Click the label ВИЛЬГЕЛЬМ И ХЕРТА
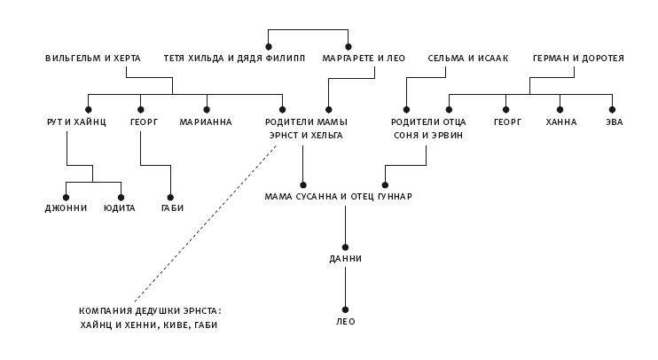click(x=93, y=59)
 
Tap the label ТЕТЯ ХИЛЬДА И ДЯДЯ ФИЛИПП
click(x=234, y=59)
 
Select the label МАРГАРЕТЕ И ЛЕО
click(x=364, y=59)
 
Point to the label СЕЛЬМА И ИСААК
click(x=468, y=59)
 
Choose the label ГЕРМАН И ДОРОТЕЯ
click(x=578, y=59)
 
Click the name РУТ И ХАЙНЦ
click(x=76, y=122)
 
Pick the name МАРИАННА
click(x=206, y=122)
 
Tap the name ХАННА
click(x=561, y=122)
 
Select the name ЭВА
click(x=613, y=122)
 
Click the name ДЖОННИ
click(x=66, y=208)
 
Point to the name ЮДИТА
click(x=119, y=208)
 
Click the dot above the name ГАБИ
click(x=171, y=197)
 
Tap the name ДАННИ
click(x=345, y=259)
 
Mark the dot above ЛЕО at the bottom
click(x=346, y=308)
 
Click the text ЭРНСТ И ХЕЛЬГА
click(x=306, y=136)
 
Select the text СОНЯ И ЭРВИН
click(x=428, y=136)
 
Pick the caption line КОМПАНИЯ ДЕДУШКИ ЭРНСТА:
click(x=150, y=311)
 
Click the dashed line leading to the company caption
click(x=204, y=226)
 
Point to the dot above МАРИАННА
click(x=207, y=109)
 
